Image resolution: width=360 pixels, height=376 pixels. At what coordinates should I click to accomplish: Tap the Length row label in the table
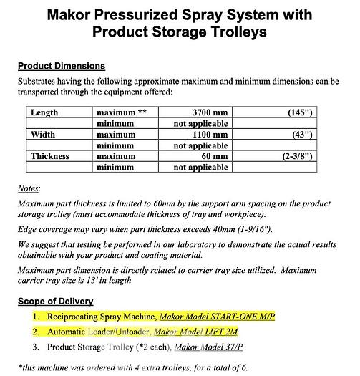coord(44,112)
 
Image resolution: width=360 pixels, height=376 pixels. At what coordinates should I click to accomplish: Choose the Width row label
coord(43,134)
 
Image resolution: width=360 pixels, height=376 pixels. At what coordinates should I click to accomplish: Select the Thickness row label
coord(49,155)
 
